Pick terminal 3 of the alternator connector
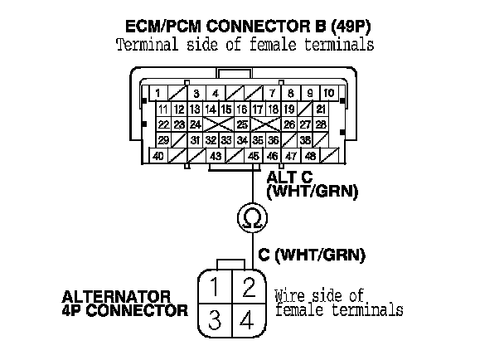point(215,319)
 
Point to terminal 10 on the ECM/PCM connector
point(329,93)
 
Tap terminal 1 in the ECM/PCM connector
point(157,93)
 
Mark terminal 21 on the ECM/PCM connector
point(321,109)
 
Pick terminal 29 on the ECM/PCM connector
point(163,140)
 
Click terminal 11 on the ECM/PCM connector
point(163,109)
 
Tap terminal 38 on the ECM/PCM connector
point(306,140)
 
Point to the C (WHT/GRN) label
point(311,256)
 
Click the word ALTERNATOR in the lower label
point(117,295)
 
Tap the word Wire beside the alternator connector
point(291,295)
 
